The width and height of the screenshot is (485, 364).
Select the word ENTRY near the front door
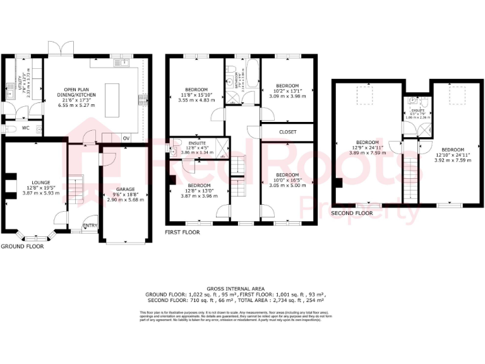point(90,225)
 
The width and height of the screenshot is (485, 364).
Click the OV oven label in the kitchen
point(126,138)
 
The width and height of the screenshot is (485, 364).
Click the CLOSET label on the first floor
point(287,132)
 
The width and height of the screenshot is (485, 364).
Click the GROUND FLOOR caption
point(22,246)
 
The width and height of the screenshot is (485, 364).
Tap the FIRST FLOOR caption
point(183,233)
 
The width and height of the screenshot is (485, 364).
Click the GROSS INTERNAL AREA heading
point(242,287)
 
